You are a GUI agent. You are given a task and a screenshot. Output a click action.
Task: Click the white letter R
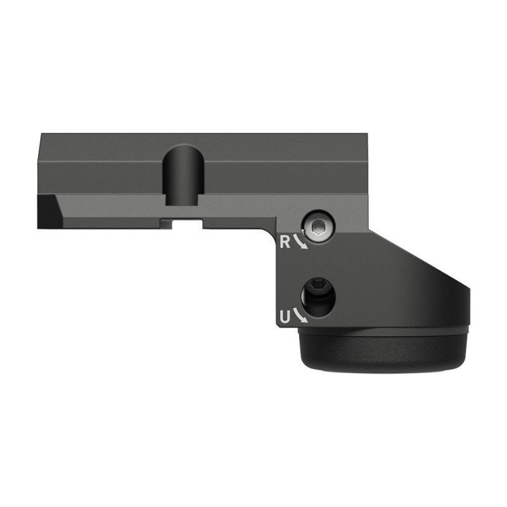(285, 241)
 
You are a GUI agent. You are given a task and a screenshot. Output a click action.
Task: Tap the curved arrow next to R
(302, 243)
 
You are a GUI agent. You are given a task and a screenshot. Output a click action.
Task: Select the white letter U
(285, 316)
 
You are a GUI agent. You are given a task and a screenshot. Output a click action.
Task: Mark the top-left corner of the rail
(41, 134)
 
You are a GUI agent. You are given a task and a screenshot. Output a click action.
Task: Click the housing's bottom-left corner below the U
(279, 328)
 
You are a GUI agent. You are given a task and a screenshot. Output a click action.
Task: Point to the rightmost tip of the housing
(471, 304)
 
